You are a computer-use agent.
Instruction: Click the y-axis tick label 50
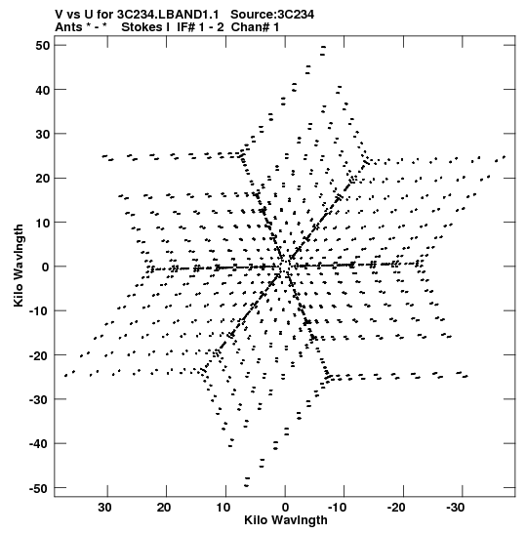coord(42,45)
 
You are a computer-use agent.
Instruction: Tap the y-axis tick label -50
coord(39,489)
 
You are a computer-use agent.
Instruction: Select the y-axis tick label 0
coord(46,267)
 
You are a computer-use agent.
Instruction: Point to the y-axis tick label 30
coord(42,134)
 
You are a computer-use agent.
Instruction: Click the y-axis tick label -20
coord(39,355)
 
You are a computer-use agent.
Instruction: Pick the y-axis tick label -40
coord(39,444)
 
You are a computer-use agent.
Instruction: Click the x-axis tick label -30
coord(455,508)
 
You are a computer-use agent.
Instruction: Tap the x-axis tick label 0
coord(285,508)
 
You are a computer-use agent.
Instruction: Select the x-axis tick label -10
coord(337,508)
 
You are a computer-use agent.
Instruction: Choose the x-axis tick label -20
coord(396,508)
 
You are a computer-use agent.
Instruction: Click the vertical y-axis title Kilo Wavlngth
coord(19,266)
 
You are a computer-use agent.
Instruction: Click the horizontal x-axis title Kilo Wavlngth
coord(286,520)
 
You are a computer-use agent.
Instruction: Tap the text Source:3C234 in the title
coord(272,15)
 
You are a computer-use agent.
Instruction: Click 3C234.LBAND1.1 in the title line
coord(167,15)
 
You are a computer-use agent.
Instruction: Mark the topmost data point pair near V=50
coord(323,51)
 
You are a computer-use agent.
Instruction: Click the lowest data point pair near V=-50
coord(247,482)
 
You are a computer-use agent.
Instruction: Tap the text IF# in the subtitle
coord(185,27)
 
